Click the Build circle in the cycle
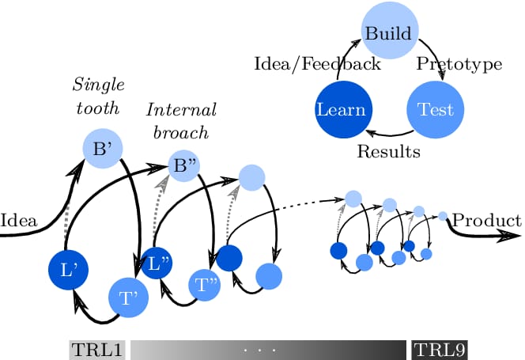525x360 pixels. coord(387,34)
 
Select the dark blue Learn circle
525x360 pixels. coord(340,108)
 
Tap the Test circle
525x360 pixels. coord(434,108)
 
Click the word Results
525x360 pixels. coord(388,150)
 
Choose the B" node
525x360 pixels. coord(187,166)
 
